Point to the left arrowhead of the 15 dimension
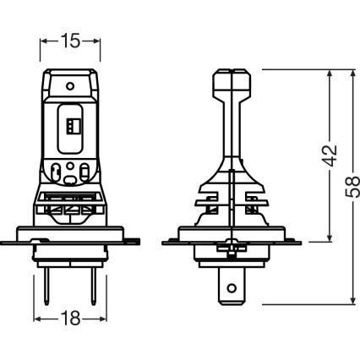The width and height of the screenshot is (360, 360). (43, 40)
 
